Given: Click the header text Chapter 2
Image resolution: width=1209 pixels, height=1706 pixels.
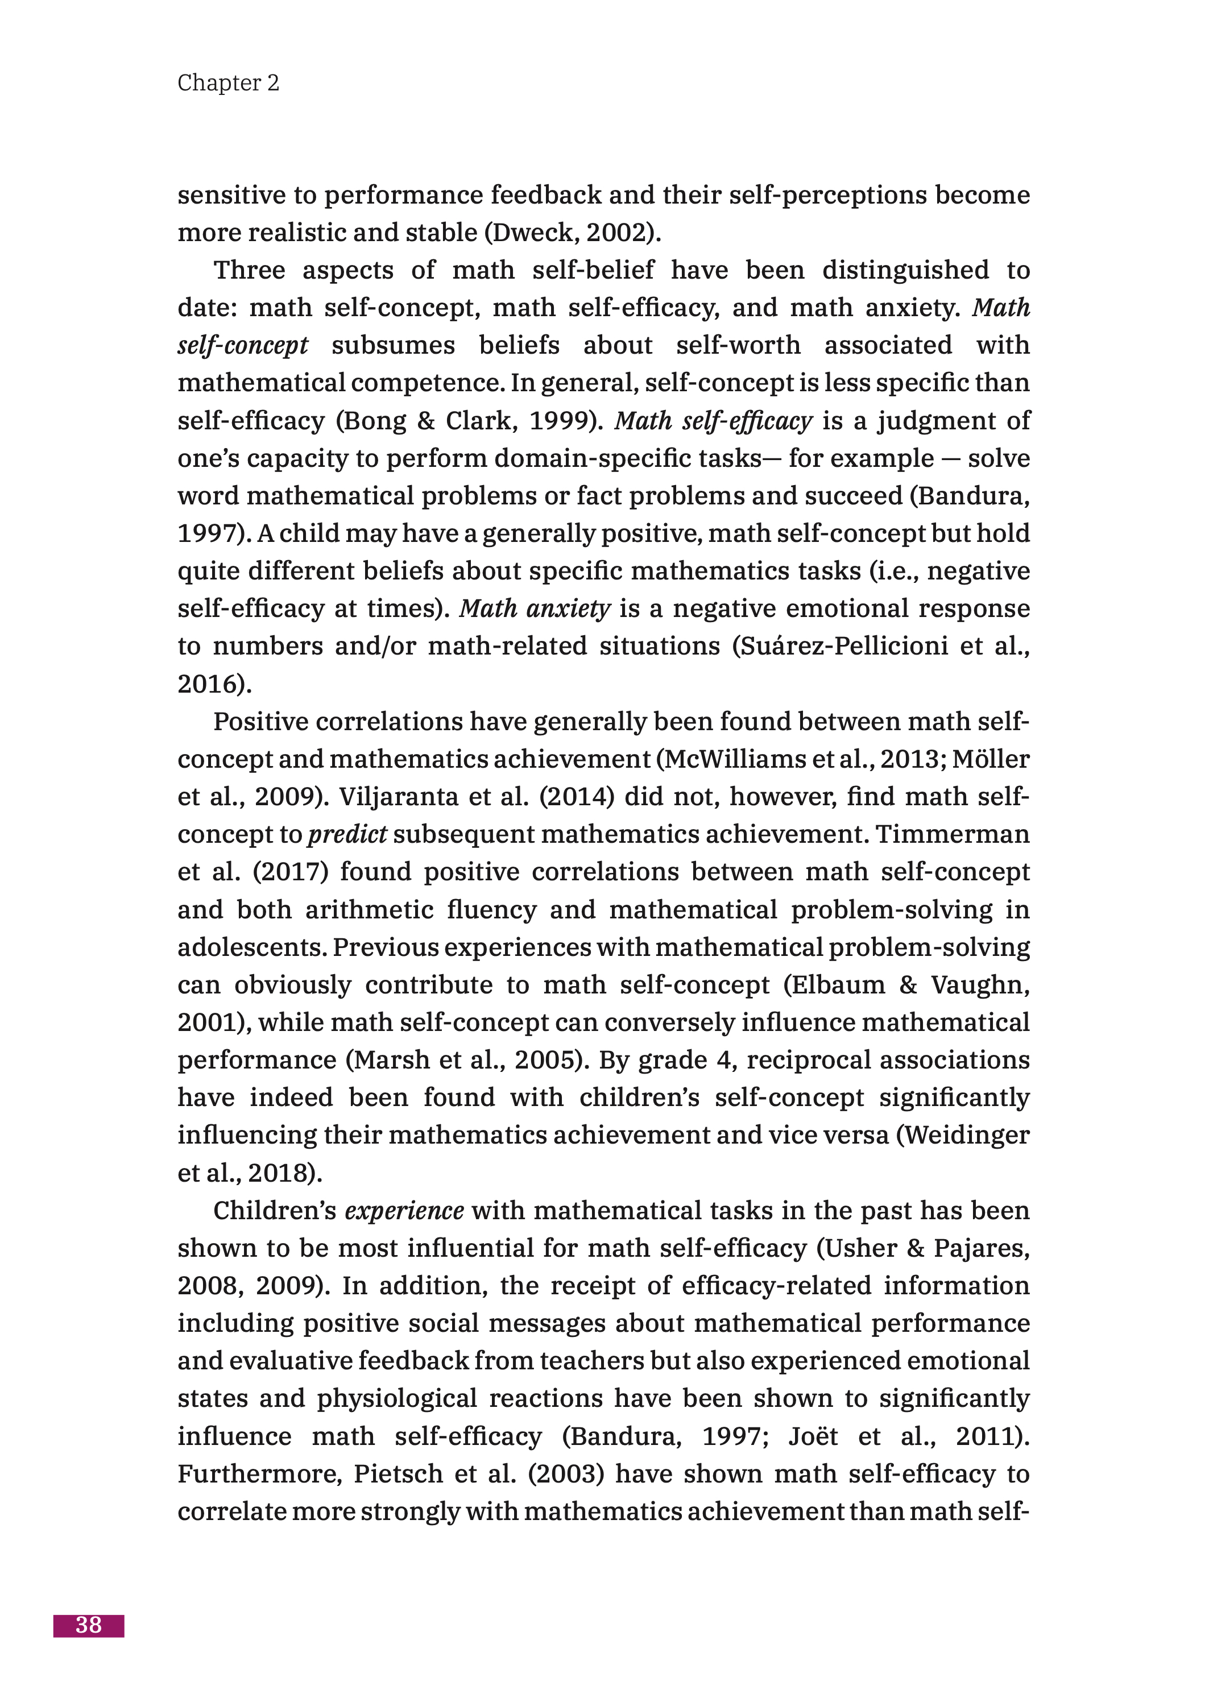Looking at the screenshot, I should (228, 82).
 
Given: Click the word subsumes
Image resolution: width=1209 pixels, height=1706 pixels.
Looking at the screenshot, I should (392, 345).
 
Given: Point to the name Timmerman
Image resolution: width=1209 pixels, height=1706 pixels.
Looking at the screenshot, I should (953, 834).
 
